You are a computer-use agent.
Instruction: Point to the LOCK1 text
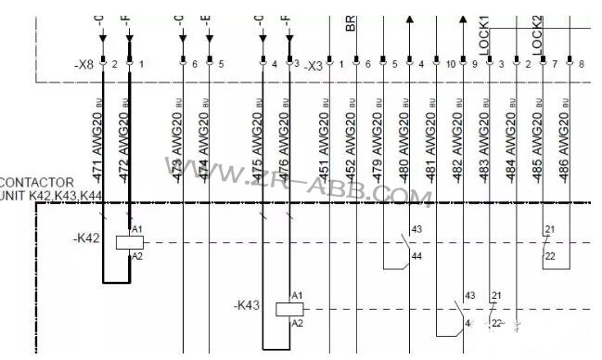[x=483, y=32]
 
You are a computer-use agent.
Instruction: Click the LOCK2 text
[x=537, y=32]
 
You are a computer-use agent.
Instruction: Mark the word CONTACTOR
[x=34, y=182]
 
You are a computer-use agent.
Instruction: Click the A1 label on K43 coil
[x=297, y=296]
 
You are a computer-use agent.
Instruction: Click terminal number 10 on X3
[x=450, y=64]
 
